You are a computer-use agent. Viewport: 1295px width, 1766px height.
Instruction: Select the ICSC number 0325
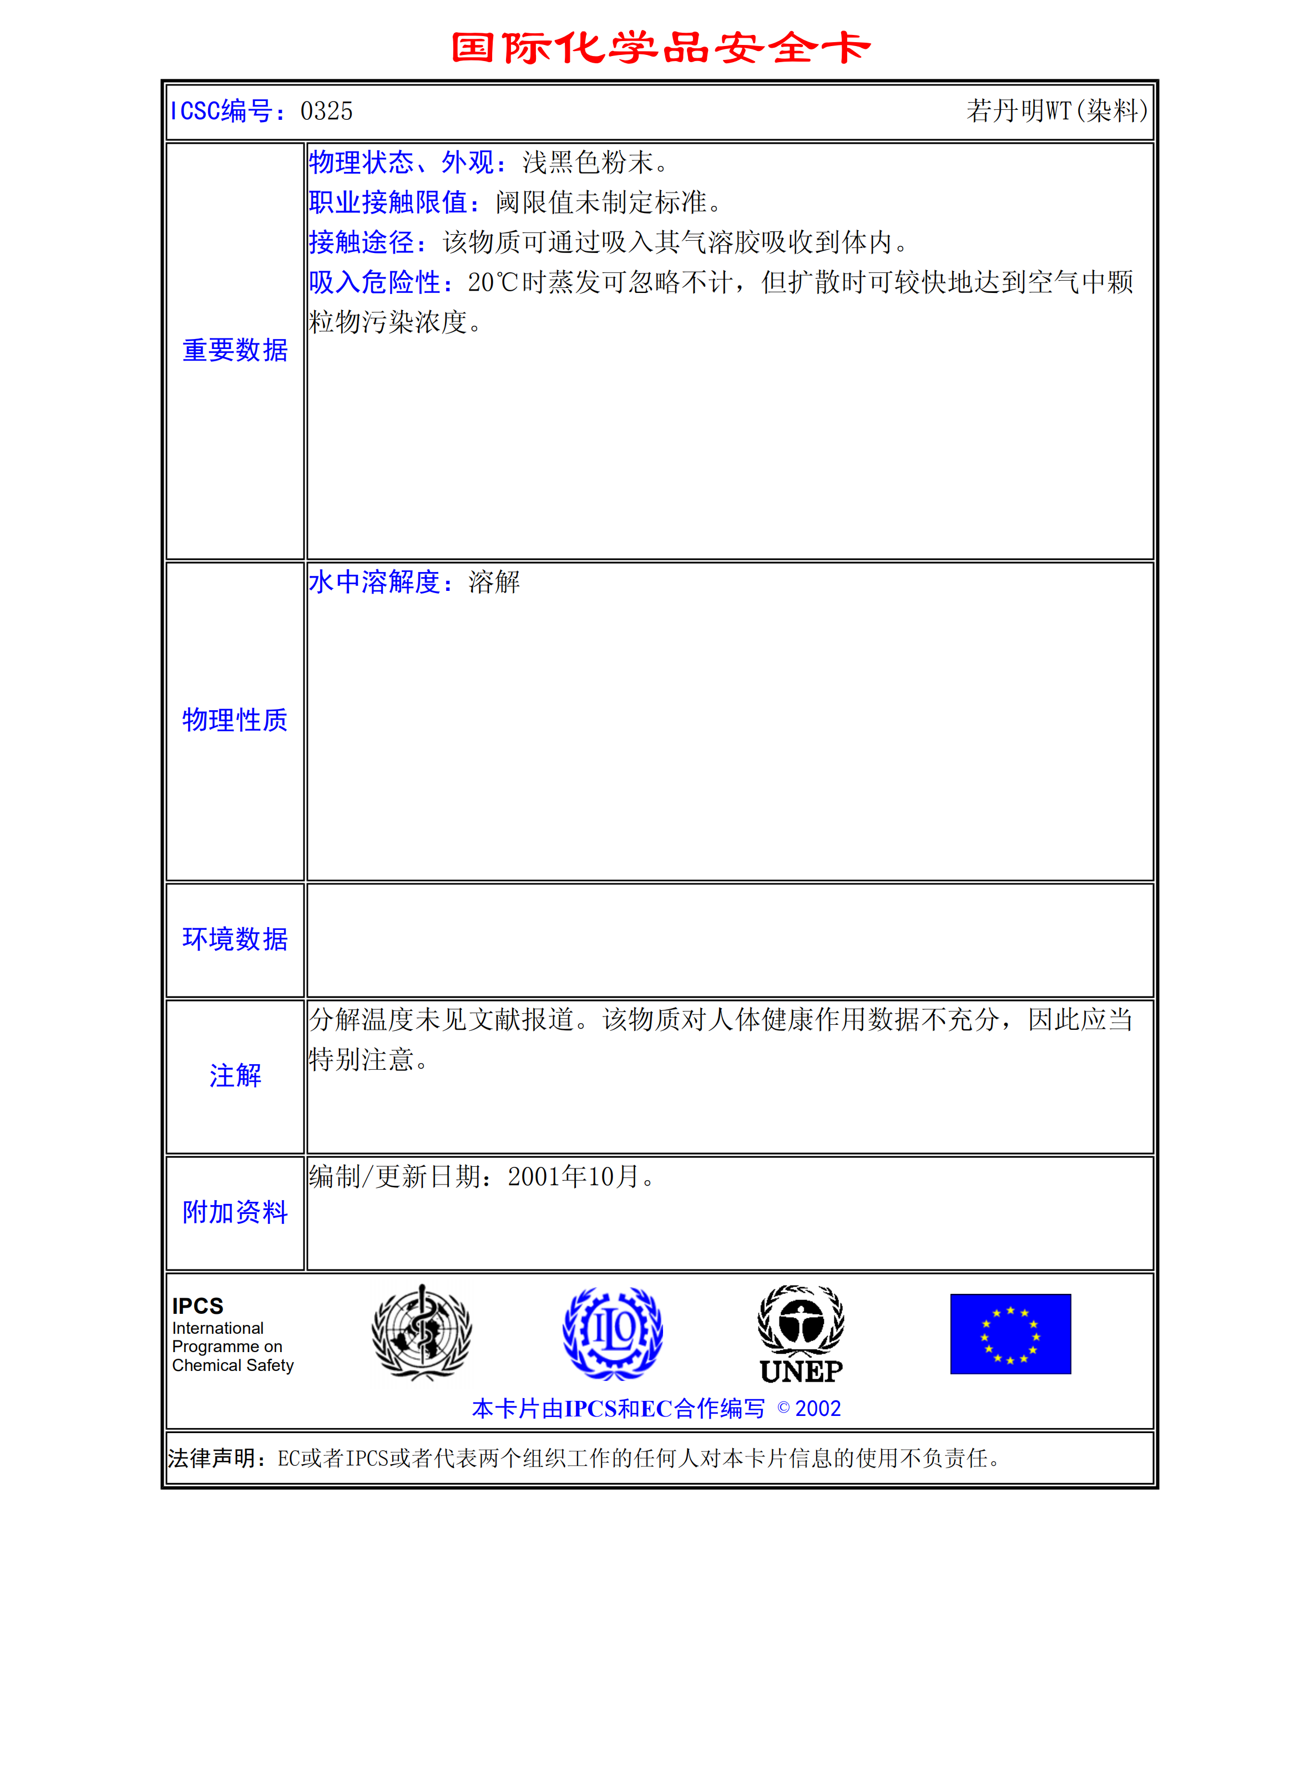[326, 112]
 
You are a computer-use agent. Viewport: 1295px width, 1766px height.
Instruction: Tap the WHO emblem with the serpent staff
[422, 1332]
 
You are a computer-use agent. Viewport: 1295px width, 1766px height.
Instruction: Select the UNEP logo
[801, 1334]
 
